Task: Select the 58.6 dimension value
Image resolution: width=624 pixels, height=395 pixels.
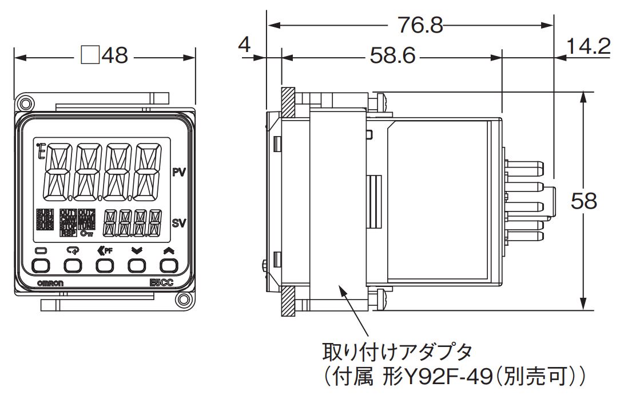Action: coord(392,57)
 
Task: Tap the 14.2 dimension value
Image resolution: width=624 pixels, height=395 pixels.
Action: coord(589,46)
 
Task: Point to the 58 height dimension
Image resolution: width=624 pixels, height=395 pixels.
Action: coord(584,201)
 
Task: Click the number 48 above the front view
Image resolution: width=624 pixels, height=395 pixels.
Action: coord(114,56)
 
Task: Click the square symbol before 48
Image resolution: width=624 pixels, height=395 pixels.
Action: coord(90,56)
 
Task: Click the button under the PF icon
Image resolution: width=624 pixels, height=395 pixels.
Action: coord(105,265)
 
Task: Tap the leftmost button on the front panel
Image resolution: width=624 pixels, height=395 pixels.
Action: coord(41,265)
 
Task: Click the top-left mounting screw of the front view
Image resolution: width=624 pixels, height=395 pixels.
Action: coord(25,103)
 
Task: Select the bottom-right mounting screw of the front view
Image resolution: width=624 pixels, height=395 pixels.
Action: coord(184,301)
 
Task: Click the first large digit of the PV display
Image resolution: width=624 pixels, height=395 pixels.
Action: coord(57,171)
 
